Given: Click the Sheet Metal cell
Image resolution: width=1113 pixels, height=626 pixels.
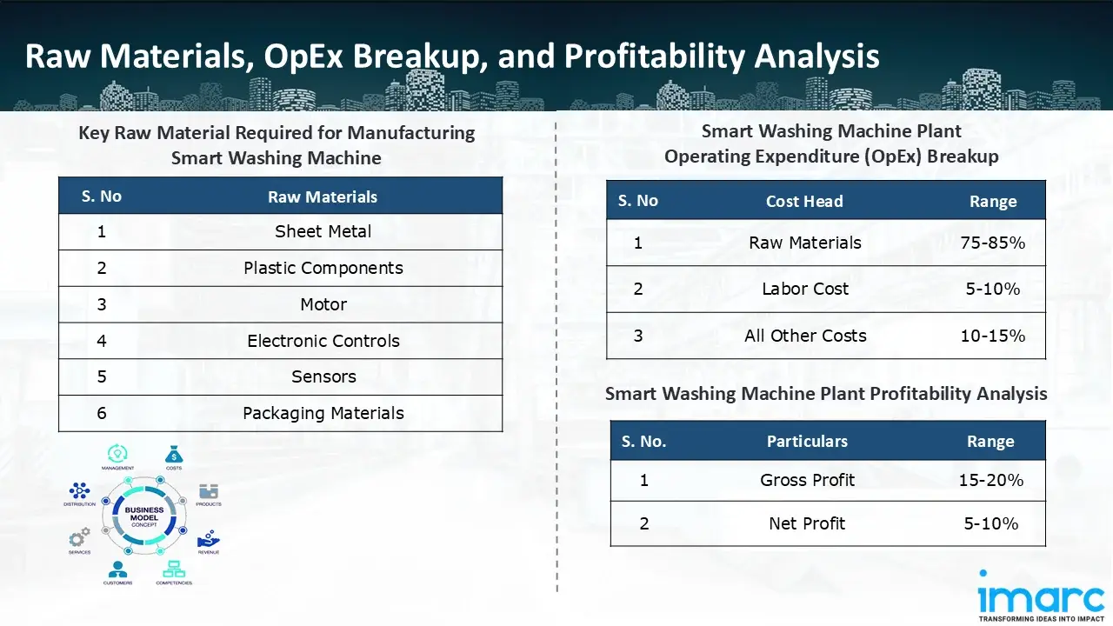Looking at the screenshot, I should (323, 231).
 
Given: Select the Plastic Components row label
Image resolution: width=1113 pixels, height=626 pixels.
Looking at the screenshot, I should (323, 268).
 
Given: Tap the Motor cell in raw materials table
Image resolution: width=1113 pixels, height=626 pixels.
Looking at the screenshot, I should (323, 304).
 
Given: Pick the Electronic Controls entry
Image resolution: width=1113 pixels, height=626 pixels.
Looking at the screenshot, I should (323, 341).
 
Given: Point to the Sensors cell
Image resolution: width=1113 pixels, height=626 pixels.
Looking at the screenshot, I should (323, 376).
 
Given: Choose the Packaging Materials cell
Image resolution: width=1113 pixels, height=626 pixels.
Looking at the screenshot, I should (323, 413).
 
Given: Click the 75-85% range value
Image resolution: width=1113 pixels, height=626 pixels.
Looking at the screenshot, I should (992, 243).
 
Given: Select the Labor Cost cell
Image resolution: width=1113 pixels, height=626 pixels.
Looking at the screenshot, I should (805, 289).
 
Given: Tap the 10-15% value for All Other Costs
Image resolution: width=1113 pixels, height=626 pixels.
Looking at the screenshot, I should (992, 336).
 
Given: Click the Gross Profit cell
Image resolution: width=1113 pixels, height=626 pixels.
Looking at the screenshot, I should (807, 480).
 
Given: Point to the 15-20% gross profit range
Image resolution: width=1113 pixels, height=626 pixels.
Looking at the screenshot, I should (990, 480).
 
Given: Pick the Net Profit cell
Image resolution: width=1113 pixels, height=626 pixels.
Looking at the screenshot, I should (807, 523).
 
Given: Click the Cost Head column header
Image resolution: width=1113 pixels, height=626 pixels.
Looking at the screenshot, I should (804, 201).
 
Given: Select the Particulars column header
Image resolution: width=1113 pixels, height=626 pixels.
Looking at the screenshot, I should (807, 442).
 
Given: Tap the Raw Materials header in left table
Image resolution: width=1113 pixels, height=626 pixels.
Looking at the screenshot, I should (323, 196).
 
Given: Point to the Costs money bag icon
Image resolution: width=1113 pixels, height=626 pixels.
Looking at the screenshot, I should (173, 454).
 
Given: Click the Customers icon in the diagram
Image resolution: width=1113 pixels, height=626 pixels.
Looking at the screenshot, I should (117, 569).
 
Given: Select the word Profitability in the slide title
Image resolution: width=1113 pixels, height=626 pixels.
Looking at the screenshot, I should (655, 57).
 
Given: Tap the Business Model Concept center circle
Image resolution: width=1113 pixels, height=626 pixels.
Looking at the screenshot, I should (143, 517).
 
